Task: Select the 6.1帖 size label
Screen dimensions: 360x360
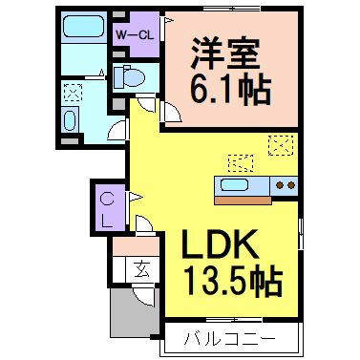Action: [229, 91]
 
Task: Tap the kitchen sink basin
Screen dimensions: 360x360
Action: [236, 184]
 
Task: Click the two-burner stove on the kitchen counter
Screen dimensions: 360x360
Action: [283, 184]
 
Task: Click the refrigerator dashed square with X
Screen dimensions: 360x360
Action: [281, 145]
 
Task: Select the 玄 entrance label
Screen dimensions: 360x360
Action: [141, 270]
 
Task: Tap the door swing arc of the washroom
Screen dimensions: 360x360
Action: [117, 131]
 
